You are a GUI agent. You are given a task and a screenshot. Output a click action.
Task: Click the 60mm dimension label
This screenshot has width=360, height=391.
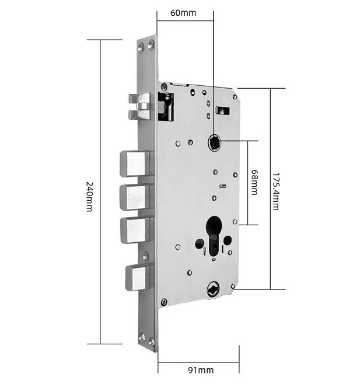pyautogui.click(x=183, y=13)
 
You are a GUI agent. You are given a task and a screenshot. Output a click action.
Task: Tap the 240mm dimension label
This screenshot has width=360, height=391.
pyautogui.click(x=89, y=197)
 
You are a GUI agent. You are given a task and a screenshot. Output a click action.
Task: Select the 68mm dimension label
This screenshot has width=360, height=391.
pyautogui.click(x=254, y=182)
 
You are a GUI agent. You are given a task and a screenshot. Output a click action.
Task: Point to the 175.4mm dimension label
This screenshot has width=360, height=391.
pyautogui.click(x=275, y=191)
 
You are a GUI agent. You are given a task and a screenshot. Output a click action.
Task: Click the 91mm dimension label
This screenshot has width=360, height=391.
pyautogui.click(x=201, y=370)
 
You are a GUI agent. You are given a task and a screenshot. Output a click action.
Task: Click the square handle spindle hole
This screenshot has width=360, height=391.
pyautogui.click(x=214, y=142)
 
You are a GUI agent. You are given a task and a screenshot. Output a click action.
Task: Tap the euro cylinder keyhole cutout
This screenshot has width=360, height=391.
pyautogui.click(x=214, y=236)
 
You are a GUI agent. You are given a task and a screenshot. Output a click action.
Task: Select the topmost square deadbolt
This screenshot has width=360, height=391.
pyautogui.click(x=135, y=163)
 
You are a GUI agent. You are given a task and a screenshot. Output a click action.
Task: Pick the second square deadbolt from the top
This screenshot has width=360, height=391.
pyautogui.click(x=135, y=197)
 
